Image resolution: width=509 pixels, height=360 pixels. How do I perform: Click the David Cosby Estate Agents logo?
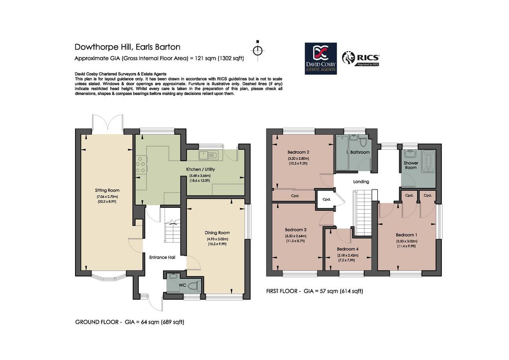pos(321,59)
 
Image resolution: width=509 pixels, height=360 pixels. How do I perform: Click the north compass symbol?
pos(258,50)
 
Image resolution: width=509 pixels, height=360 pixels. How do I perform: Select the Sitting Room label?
pos(107,190)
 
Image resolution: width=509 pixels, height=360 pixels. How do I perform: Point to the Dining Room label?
pos(217,233)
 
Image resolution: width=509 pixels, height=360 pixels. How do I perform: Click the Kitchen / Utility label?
pos(200,170)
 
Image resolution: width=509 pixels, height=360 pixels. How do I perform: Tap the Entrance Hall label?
pos(163,258)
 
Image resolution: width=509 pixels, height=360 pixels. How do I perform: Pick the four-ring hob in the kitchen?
pos(141,165)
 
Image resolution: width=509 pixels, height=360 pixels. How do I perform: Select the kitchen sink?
pos(209,155)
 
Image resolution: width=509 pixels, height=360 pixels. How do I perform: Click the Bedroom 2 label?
pos(298,152)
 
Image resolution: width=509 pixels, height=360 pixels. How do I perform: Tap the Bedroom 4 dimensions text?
pos(347,258)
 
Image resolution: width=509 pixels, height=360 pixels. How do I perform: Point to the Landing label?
pos(361,182)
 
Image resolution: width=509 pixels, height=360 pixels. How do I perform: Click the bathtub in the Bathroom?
pos(341,153)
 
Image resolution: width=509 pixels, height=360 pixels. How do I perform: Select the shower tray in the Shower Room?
pos(428,161)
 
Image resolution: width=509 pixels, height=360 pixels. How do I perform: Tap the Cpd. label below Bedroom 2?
pos(295,196)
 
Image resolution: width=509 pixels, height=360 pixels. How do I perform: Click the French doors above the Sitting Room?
pos(107,124)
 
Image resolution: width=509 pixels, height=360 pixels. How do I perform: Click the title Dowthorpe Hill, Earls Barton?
pos(128,47)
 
